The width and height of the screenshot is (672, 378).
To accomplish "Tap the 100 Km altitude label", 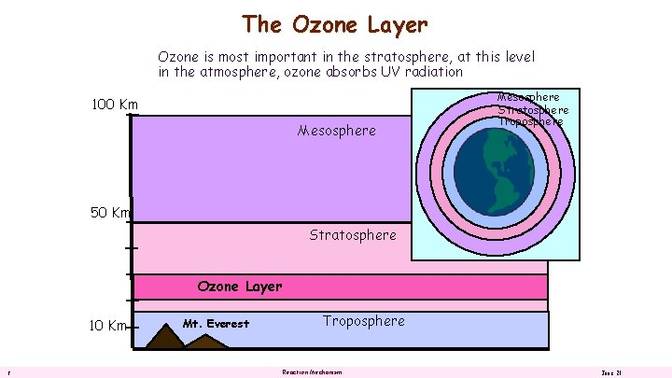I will click(x=116, y=103).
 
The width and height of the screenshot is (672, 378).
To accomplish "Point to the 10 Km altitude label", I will click(x=107, y=326).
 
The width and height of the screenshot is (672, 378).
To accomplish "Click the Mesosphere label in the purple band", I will click(x=336, y=132).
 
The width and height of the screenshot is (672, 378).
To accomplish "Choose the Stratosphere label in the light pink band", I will click(x=353, y=235).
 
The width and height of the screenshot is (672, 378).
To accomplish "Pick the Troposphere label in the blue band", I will click(x=364, y=321).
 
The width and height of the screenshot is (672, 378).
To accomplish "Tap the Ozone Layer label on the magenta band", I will click(x=239, y=287).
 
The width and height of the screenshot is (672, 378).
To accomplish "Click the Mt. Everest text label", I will click(x=216, y=324).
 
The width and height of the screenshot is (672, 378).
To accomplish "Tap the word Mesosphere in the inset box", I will click(x=528, y=97).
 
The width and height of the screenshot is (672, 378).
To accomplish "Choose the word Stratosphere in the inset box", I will click(x=533, y=109).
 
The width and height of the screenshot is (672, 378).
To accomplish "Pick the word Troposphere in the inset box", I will click(x=531, y=121).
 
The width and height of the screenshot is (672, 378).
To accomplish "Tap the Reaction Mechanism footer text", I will click(x=312, y=372).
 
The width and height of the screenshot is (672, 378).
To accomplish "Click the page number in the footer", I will click(x=612, y=372).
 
